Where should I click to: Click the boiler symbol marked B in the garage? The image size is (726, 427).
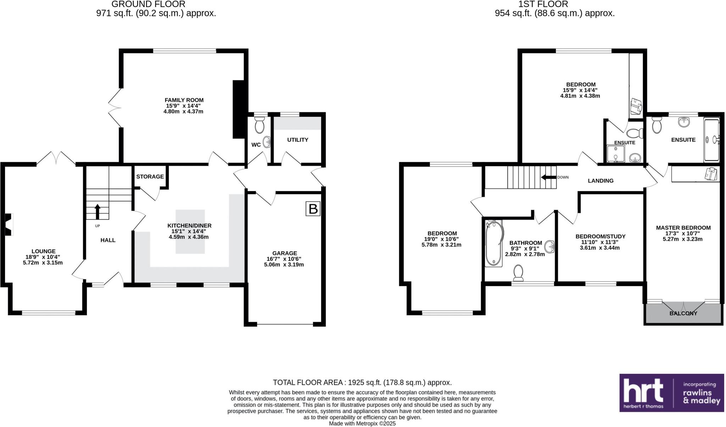coord(313,209)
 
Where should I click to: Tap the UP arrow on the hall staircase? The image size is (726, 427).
coord(97,212)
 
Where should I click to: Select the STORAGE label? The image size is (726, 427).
coord(150,176)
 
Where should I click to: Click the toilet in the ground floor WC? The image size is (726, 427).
coord(260,125)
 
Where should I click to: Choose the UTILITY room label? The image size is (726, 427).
coord(297,140)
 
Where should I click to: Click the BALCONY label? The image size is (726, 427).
coord(683,313)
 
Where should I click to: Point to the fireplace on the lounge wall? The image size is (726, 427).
coord(8,224)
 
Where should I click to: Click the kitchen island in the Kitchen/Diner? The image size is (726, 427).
coord(190,231)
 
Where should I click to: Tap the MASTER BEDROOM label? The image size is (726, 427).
coord(683,228)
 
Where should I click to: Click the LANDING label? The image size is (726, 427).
coord(601,181)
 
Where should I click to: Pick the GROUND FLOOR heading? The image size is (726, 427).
coord(149,4)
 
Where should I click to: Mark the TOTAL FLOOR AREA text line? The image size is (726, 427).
coord(362,382)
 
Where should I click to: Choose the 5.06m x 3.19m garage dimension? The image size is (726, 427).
coord(284,264)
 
